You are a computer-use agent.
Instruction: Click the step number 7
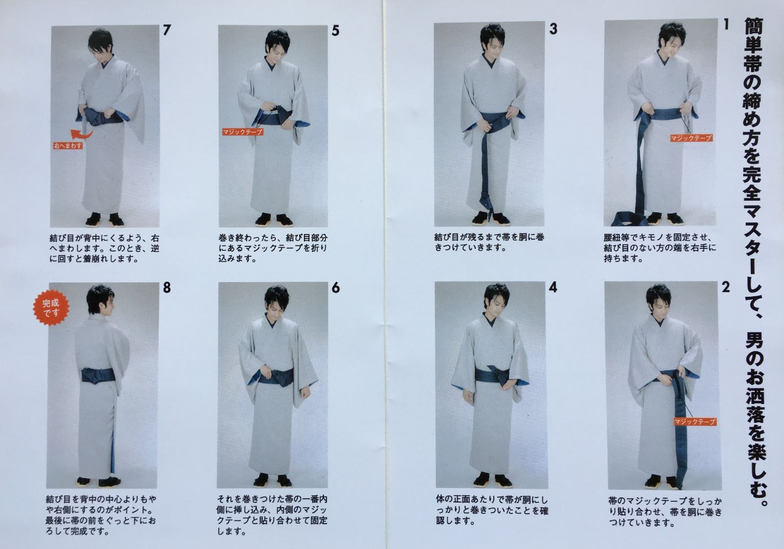(x=167, y=30)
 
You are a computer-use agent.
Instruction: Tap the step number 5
(x=335, y=30)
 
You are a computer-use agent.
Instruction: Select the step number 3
(x=553, y=29)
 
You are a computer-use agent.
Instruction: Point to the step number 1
(x=726, y=24)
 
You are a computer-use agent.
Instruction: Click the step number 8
(x=167, y=287)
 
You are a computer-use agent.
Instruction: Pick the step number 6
(x=336, y=287)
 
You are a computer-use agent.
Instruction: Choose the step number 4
(x=553, y=287)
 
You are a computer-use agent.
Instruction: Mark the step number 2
(x=726, y=287)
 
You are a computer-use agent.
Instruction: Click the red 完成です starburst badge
(x=51, y=308)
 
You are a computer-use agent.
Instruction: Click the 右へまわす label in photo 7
(x=68, y=145)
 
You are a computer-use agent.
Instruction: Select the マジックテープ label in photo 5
(x=243, y=132)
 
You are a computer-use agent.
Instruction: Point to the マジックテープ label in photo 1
(x=691, y=138)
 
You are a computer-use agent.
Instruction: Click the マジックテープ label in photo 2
(x=695, y=422)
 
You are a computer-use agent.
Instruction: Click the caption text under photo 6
(x=272, y=515)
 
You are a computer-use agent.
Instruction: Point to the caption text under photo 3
(x=490, y=242)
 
